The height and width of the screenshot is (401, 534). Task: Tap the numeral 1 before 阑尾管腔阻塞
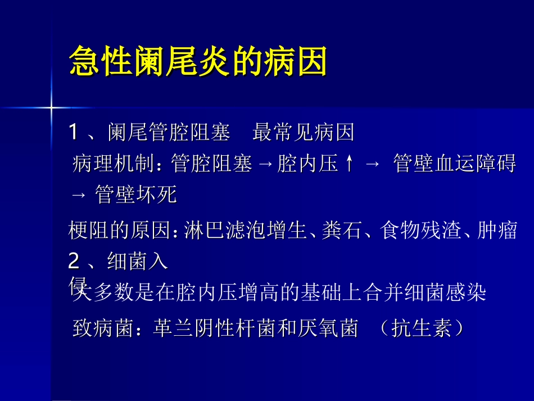click(74, 133)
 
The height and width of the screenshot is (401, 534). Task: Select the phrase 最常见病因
click(304, 133)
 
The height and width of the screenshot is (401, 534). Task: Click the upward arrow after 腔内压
click(350, 164)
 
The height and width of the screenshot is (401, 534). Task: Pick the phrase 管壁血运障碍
click(454, 164)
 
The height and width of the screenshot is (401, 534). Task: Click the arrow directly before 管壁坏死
click(79, 195)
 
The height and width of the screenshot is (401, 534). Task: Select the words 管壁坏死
click(136, 195)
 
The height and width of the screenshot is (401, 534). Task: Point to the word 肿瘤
click(497, 231)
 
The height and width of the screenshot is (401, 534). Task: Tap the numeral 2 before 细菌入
click(74, 261)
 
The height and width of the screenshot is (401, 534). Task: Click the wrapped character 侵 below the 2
click(76, 285)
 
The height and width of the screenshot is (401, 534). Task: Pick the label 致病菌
click(103, 328)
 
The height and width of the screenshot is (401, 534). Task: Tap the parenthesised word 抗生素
click(421, 328)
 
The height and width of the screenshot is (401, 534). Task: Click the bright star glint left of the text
click(51, 106)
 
